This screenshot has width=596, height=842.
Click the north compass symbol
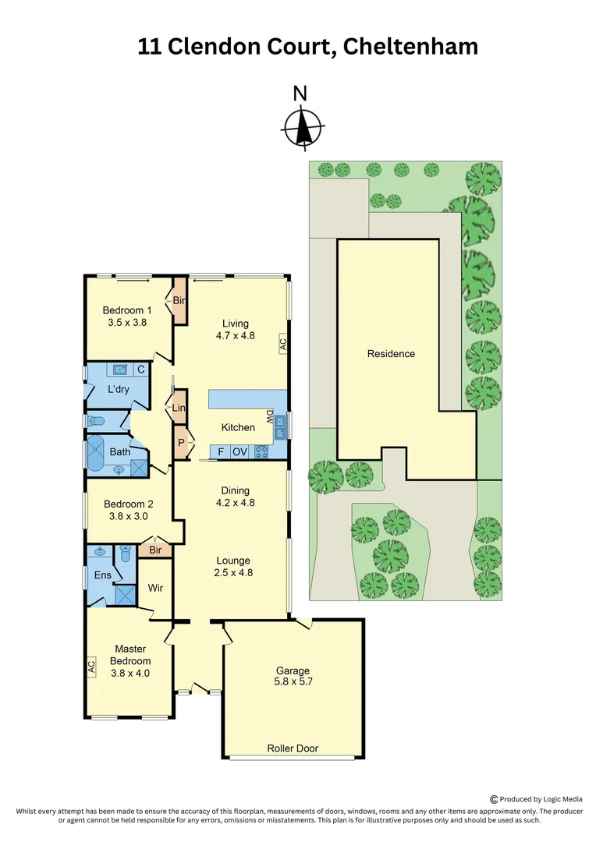(x=302, y=127)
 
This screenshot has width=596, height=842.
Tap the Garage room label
(x=293, y=670)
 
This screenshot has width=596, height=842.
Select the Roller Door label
(x=293, y=748)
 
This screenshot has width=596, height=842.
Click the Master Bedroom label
(x=130, y=655)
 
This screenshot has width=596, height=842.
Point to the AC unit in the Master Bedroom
(x=91, y=667)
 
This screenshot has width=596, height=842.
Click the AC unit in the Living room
(x=282, y=344)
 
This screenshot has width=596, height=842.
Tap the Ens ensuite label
(x=103, y=576)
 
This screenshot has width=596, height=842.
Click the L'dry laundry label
(x=118, y=389)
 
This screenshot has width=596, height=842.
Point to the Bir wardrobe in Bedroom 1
(x=179, y=301)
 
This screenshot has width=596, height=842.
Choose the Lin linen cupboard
(x=179, y=408)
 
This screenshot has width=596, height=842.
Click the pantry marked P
(x=181, y=442)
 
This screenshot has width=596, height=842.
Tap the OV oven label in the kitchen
(x=239, y=451)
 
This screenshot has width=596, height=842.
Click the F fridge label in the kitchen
(x=221, y=451)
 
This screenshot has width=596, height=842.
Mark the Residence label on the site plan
(x=391, y=354)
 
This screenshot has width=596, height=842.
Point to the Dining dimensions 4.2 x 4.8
(x=235, y=503)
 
